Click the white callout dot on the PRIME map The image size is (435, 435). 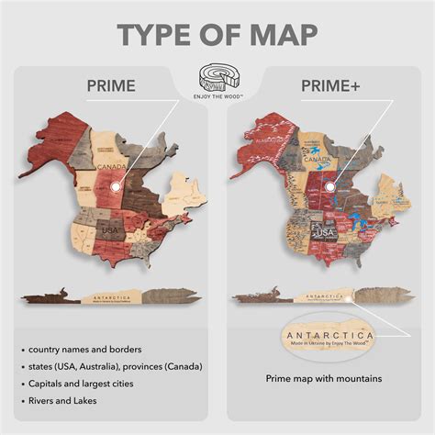[115, 188]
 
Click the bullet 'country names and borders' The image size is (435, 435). [86, 350]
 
